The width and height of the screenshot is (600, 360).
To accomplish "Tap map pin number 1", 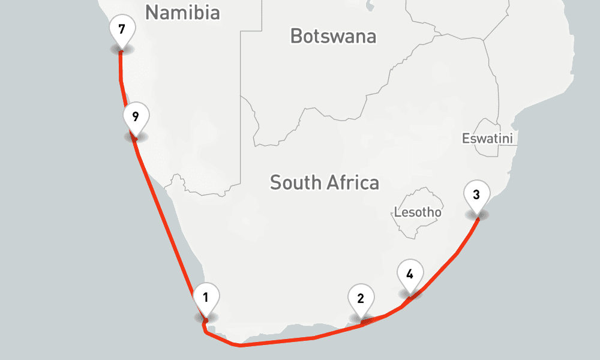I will click(206, 297).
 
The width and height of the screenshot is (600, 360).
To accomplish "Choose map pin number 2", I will click(361, 299).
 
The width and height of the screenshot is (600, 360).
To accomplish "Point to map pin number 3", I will click(476, 196).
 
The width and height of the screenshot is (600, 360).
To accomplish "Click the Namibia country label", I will click(182, 13).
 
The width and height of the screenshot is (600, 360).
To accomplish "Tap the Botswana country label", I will click(333, 36).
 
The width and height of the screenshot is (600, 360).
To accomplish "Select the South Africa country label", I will click(324, 182).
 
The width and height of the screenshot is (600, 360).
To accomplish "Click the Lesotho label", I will click(418, 212).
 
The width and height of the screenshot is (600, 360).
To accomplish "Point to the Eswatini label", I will click(488, 139).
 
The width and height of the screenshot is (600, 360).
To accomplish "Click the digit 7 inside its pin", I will click(122, 29).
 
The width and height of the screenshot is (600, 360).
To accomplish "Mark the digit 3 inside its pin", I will click(476, 194).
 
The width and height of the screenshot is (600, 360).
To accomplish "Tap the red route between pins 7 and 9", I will click(122, 84).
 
